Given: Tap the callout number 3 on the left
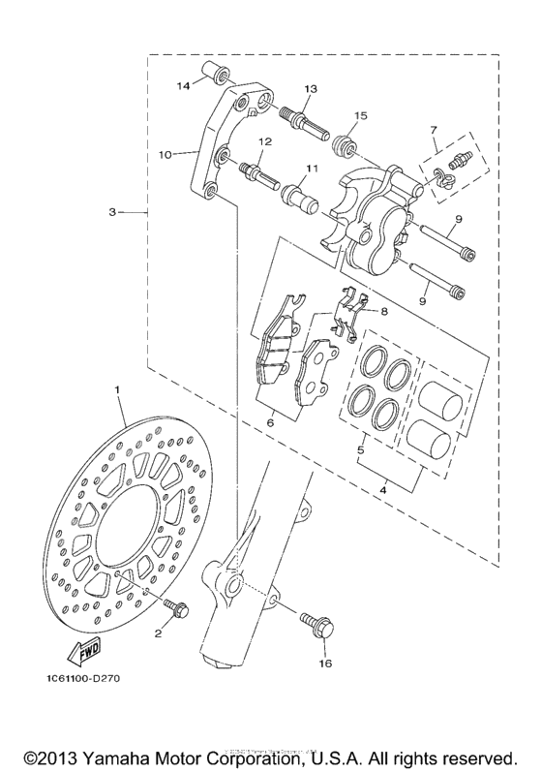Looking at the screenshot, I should pos(112,211).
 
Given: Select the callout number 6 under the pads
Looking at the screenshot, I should pos(270,422).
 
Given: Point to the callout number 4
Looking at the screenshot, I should pos(382,493).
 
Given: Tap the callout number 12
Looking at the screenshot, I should pos(262,142).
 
